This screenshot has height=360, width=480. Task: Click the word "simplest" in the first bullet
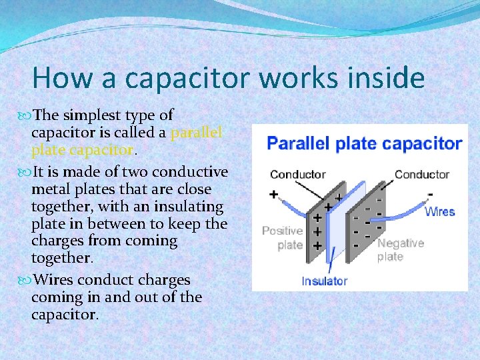click(95, 115)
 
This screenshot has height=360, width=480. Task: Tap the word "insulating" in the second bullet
click(189, 207)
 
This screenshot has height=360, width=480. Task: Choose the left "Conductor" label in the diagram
click(297, 175)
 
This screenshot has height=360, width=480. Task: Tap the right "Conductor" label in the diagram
click(421, 175)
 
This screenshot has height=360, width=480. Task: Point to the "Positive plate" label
click(282, 237)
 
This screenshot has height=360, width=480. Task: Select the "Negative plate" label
click(400, 249)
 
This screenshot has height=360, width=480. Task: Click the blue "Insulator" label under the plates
click(324, 281)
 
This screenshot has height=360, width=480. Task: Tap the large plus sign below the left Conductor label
click(273, 194)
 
